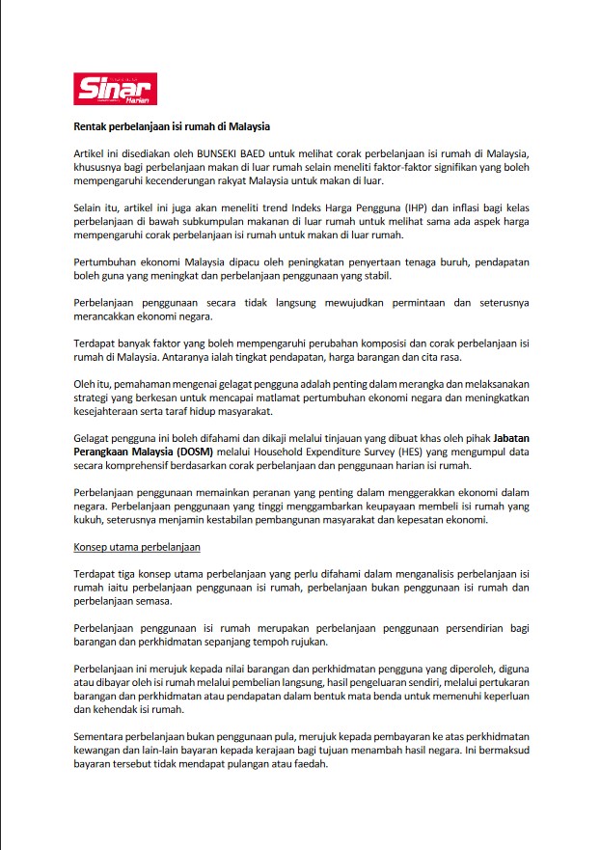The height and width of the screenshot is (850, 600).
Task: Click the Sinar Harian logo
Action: pos(116,89)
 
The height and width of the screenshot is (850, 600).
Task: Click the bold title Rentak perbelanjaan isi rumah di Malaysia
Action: pos(172,126)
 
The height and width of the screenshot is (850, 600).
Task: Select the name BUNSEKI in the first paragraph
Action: pos(225,154)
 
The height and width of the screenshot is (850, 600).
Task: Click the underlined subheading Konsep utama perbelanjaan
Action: pos(136,547)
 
